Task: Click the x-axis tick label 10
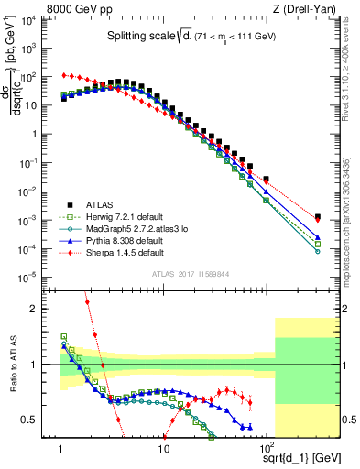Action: pyautogui.click(x=163, y=449)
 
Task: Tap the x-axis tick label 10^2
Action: pyautogui.click(x=267, y=449)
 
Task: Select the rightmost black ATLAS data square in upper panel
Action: pyautogui.click(x=317, y=217)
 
